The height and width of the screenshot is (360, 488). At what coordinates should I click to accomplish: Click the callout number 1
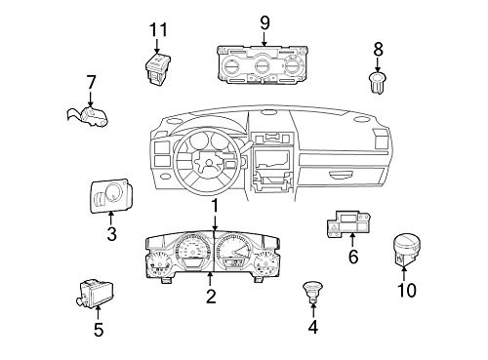coord(215,205)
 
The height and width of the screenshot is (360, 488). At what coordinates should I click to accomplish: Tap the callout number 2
coord(210,298)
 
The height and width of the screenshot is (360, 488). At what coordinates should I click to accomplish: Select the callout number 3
coord(111,233)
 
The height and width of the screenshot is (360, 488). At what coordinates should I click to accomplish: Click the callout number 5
coord(98,329)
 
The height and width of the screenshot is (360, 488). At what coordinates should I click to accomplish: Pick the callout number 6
coord(353,258)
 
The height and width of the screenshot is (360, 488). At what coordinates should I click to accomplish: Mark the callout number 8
coord(378,47)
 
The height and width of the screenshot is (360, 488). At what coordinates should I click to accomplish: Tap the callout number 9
coord(264,21)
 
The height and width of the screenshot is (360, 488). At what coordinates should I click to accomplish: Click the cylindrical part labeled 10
coord(407,248)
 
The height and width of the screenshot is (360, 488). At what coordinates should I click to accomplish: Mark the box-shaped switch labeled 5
coord(96,291)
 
